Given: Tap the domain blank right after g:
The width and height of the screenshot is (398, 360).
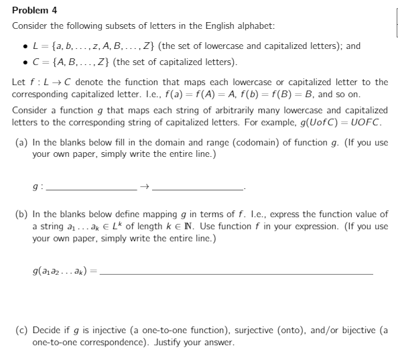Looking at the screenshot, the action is (x=89, y=190).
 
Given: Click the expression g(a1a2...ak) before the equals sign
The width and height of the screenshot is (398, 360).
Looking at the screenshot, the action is (x=57, y=274).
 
